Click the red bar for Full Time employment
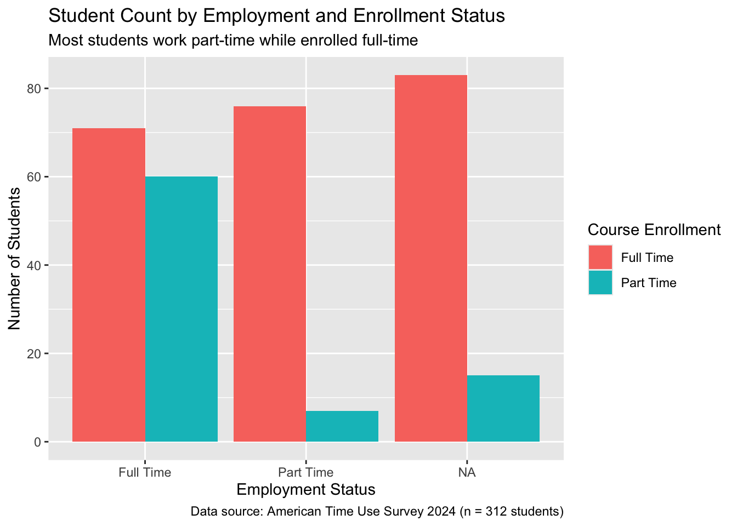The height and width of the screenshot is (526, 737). coord(109,285)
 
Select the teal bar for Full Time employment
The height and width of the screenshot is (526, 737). coord(182,309)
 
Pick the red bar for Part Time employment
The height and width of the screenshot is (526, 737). coord(269,274)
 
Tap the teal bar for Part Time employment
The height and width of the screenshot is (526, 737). coord(342,426)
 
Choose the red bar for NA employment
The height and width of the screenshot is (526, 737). coord(430,258)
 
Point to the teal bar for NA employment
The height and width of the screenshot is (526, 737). coord(503,408)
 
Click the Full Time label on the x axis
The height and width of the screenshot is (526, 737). coord(145,472)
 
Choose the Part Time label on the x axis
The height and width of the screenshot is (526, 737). coord(305,472)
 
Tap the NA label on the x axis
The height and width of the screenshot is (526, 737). coord(467,472)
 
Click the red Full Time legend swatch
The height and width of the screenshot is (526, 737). coord(600,258)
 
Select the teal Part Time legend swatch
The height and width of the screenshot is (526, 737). coord(600,283)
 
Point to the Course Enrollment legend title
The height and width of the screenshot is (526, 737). coord(654,230)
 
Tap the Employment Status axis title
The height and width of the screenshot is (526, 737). coord(305,489)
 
